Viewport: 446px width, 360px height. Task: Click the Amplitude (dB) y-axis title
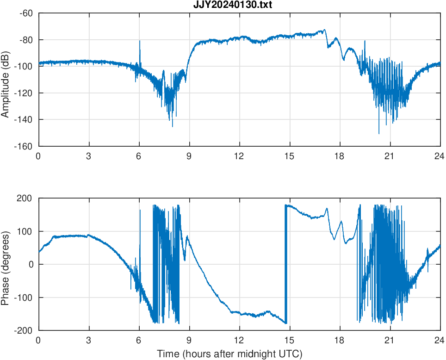point(6,80)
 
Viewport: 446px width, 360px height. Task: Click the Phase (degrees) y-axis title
point(6,264)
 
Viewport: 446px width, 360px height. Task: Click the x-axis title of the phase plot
point(229,354)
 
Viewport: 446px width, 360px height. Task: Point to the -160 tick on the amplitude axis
point(25,146)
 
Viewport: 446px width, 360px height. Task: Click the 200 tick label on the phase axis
point(27,198)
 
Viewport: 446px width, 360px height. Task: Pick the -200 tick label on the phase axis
point(25,330)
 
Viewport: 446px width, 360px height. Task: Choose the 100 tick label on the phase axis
point(27,231)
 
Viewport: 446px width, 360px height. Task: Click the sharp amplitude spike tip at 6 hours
point(140,41)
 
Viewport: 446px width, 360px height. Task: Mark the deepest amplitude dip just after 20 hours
point(379,133)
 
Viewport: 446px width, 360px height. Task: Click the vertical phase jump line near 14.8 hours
point(286,264)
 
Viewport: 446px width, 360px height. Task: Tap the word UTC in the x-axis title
point(291,354)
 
